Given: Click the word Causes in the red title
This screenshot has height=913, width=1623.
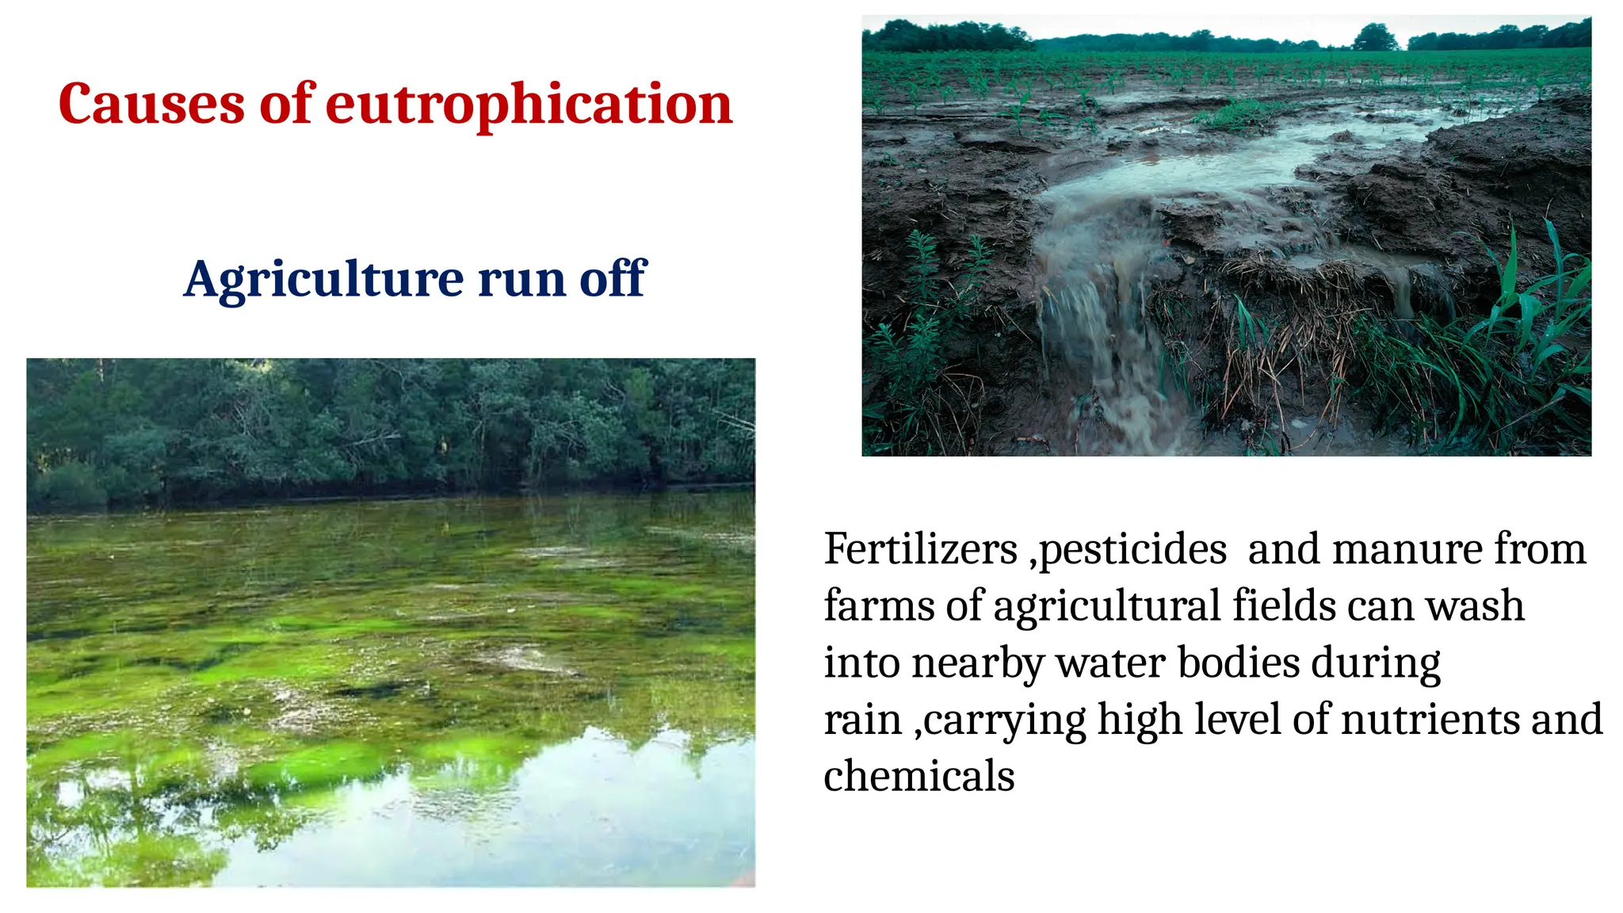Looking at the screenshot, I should tap(151, 104).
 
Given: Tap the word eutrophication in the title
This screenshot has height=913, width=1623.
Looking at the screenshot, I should tap(529, 104).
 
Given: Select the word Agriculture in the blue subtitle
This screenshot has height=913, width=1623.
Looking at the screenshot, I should tap(323, 279).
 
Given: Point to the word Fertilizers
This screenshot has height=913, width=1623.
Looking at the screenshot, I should tap(920, 548).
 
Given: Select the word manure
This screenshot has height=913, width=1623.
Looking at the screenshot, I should tap(1407, 548).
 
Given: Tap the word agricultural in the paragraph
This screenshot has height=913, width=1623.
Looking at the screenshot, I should tap(1106, 607).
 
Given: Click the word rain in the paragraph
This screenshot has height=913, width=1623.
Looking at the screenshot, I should tap(862, 720).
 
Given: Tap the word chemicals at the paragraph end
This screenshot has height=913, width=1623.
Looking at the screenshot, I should tap(919, 776).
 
